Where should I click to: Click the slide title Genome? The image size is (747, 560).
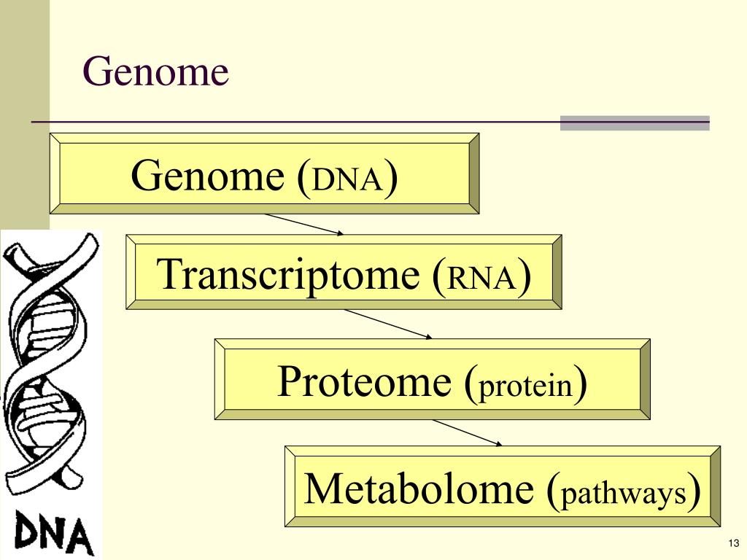pos(155,73)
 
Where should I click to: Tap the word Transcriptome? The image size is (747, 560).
pos(290,276)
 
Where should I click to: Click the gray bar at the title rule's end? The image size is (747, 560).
pos(635,123)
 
